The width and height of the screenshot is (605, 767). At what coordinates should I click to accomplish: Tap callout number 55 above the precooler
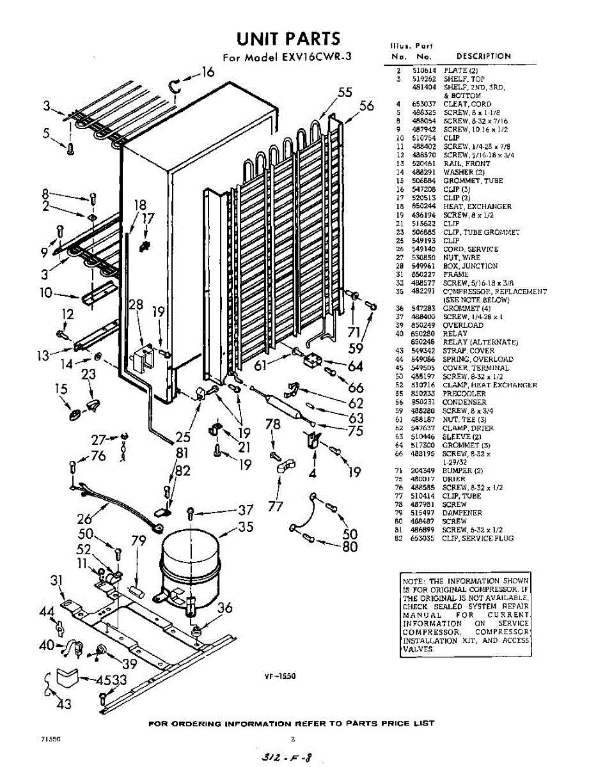(x=345, y=93)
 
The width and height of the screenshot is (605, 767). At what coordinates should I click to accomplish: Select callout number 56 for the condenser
(x=366, y=106)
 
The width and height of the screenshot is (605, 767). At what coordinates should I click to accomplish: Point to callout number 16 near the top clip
(x=208, y=72)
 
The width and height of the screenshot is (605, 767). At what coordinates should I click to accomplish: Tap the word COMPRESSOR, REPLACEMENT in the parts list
(x=494, y=291)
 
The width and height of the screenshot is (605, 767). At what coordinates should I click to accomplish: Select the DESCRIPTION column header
(x=483, y=56)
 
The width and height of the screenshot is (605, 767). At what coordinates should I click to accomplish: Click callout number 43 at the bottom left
(x=65, y=704)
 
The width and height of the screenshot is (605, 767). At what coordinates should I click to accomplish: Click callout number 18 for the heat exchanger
(x=140, y=205)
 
